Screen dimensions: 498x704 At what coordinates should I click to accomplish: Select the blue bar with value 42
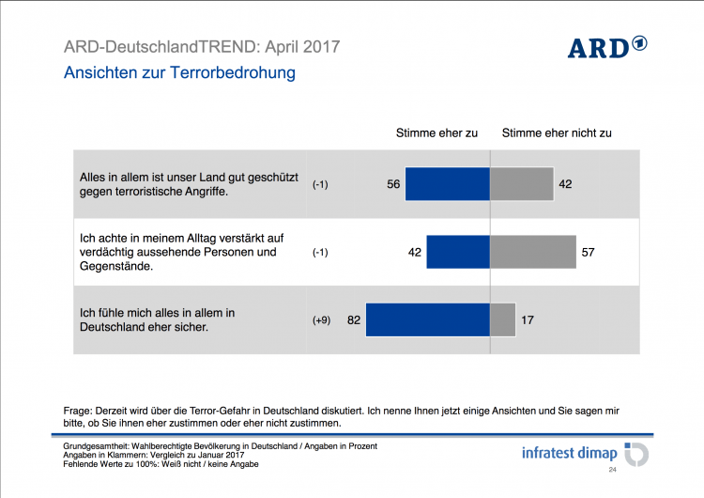click(458, 252)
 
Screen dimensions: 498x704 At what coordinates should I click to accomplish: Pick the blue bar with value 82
click(427, 319)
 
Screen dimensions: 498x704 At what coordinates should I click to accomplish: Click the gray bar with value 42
click(521, 184)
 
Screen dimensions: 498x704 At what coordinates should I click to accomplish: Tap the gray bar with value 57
click(533, 252)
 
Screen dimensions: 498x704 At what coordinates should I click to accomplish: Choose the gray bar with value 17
click(503, 319)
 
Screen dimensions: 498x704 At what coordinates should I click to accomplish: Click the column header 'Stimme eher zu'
click(436, 132)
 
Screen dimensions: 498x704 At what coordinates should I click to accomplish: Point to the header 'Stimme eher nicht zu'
click(557, 132)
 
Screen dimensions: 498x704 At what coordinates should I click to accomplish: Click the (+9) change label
click(322, 320)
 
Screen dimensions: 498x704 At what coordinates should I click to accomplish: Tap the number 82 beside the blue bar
click(354, 320)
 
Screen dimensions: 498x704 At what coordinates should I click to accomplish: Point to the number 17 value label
click(528, 320)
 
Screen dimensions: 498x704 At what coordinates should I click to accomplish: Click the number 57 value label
click(589, 253)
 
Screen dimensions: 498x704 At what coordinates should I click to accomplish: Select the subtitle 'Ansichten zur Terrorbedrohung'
click(179, 72)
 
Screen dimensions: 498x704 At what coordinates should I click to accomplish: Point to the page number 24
click(613, 469)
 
